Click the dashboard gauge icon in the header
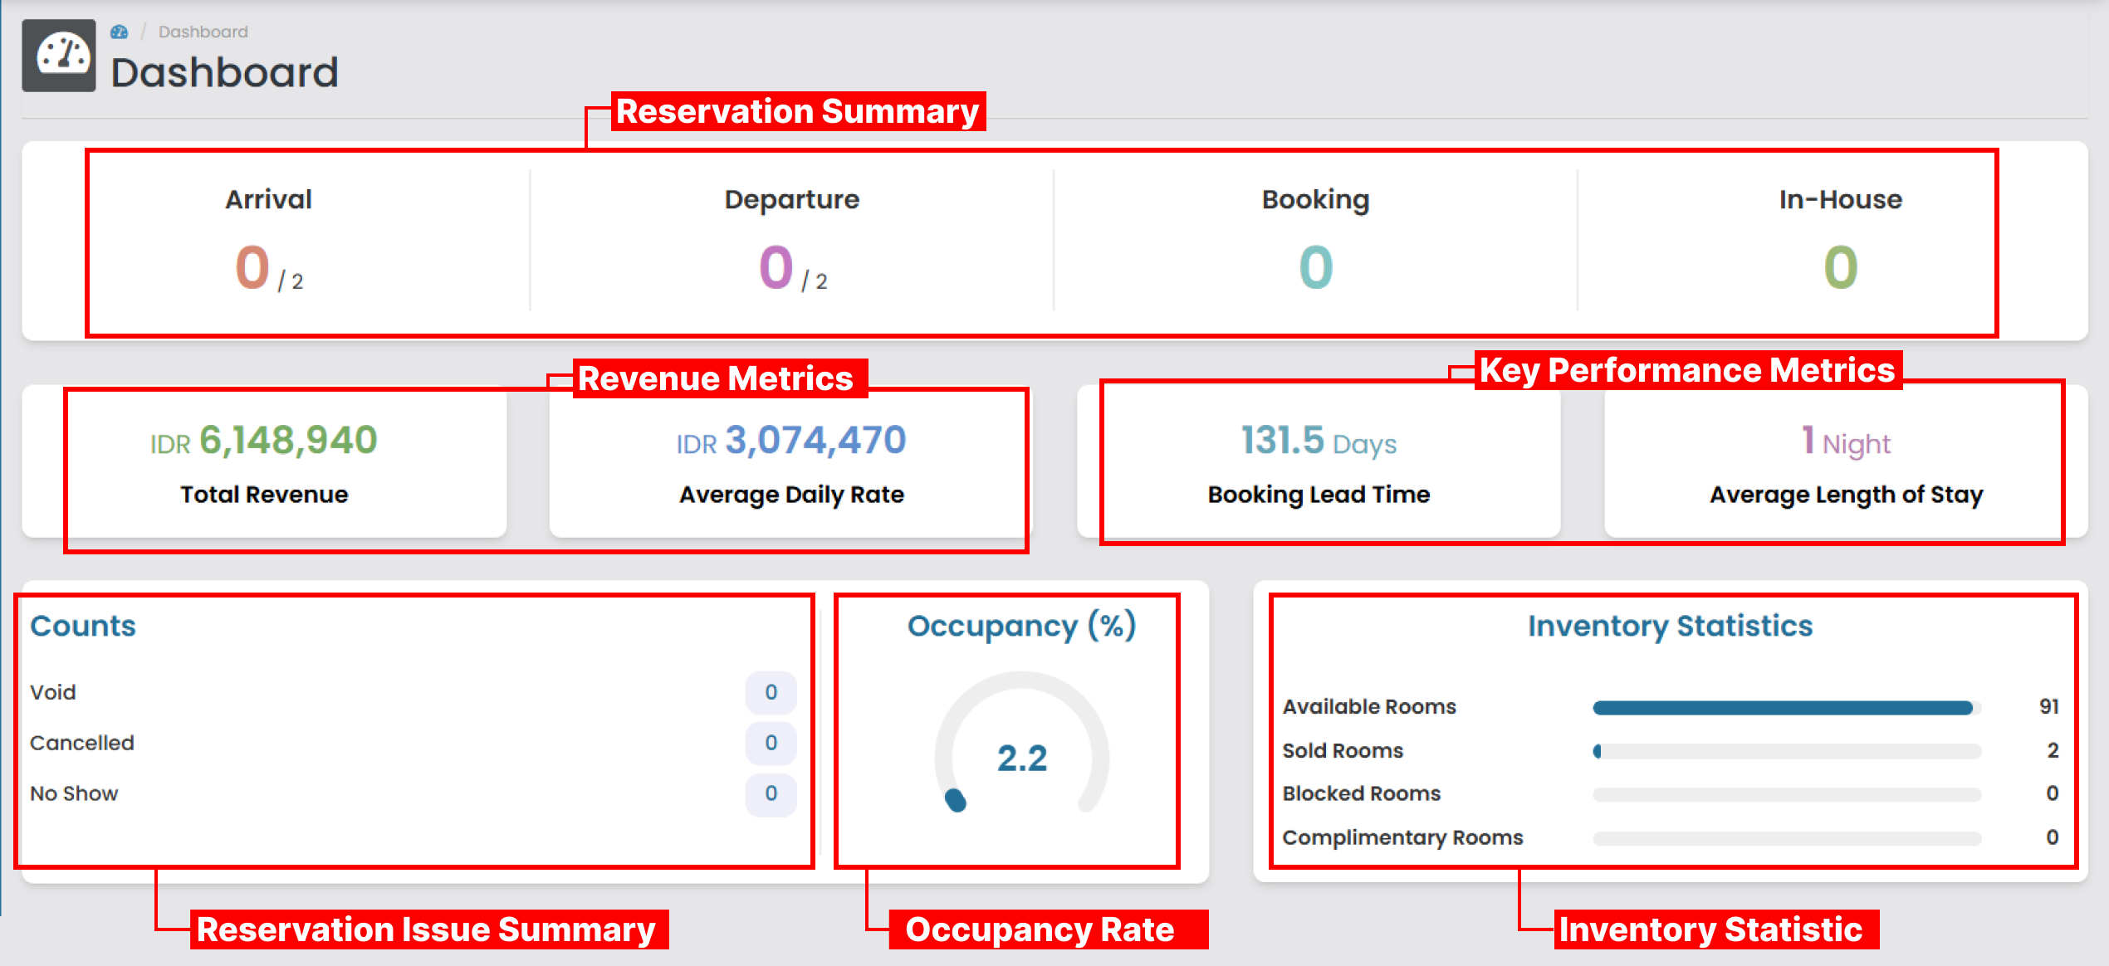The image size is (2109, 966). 59,55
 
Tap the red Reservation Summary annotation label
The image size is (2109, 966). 798,111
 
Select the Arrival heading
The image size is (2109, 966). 268,199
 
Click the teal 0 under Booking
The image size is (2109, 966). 1316,267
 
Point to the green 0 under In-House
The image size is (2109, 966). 1840,267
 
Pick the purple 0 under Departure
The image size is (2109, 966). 776,267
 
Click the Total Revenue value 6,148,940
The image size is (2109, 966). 288,440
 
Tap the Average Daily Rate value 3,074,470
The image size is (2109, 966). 815,440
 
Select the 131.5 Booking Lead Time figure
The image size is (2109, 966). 1283,440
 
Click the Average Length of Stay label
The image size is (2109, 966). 1846,495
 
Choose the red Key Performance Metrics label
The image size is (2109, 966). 1687,370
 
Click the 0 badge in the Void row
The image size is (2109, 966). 771,692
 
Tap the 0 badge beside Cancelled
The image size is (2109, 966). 771,743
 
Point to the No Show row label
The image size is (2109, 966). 74,793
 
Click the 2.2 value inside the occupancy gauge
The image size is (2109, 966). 1022,758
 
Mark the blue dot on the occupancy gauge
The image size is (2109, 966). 956,800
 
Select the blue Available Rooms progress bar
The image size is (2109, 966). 1782,708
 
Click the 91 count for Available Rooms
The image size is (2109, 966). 2048,707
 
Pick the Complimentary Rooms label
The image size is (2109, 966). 1402,837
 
